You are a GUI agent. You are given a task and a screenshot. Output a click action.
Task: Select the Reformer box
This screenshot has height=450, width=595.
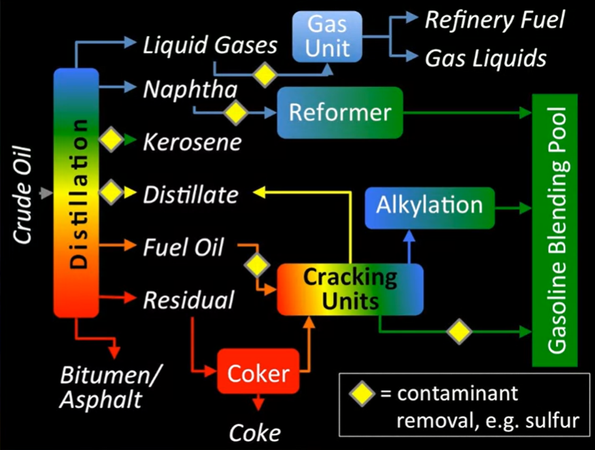[x=339, y=112]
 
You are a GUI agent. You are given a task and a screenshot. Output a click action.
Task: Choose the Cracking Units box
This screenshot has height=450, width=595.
[x=350, y=290]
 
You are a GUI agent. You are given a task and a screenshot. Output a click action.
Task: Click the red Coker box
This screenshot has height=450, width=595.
[x=258, y=371]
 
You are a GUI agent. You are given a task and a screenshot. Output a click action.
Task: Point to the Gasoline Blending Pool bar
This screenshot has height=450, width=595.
[x=554, y=228]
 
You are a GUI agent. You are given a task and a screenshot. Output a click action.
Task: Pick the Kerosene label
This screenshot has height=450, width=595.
[x=192, y=142]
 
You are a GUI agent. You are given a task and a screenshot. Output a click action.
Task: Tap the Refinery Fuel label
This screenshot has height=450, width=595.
[x=494, y=20]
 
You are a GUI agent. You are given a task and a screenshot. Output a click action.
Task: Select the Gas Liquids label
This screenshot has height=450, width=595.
[x=486, y=58]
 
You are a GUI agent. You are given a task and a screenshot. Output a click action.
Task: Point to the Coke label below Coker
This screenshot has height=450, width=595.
[x=254, y=432]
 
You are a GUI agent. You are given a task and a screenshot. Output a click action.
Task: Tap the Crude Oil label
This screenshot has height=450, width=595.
[x=25, y=194]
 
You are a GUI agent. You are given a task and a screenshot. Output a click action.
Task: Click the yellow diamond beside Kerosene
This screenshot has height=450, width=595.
[x=110, y=141]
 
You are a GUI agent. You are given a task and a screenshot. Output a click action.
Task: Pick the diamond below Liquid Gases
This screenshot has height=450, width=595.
[x=264, y=74]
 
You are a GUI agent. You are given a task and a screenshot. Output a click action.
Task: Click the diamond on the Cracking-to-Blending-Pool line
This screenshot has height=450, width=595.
[x=460, y=332]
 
